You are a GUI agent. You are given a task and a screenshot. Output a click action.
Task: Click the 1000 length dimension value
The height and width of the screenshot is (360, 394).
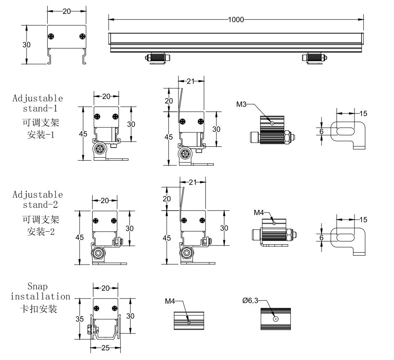[x=236, y=19]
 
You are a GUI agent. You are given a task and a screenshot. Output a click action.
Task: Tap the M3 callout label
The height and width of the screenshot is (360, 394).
[x=241, y=104]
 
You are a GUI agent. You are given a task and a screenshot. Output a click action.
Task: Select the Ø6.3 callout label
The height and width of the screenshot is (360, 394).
[x=250, y=301]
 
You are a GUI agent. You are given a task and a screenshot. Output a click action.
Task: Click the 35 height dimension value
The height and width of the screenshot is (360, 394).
[x=80, y=319]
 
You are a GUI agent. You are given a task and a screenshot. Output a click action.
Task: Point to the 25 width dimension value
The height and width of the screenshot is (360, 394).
[x=106, y=348]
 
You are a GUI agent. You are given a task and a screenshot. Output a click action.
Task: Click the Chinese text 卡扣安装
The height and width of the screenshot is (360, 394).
[x=39, y=309]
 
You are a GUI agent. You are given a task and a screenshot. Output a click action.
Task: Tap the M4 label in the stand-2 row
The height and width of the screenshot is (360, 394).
[x=258, y=213]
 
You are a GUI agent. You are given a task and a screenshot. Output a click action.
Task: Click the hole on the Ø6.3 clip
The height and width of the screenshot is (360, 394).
[x=275, y=319]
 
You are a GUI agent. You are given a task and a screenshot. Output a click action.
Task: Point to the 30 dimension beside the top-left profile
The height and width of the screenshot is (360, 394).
[x=27, y=45]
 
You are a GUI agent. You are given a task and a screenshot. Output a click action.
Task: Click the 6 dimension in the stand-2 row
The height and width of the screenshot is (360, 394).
[x=322, y=238]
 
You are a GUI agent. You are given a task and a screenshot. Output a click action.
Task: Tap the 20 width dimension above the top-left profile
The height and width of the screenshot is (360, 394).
[x=67, y=11]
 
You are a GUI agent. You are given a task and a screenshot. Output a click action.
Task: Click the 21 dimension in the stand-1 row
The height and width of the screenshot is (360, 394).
[x=190, y=82]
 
